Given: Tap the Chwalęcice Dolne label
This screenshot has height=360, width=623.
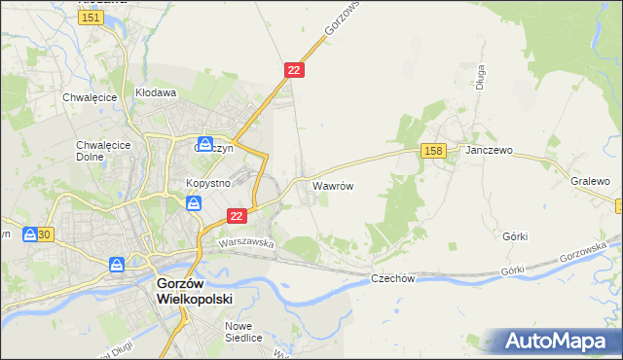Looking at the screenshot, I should (x=95, y=150).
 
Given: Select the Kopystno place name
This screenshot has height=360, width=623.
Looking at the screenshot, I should (x=206, y=183).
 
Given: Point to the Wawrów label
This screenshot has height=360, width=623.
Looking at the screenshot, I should (x=332, y=184).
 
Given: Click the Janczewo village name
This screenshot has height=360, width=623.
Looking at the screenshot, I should (x=489, y=151).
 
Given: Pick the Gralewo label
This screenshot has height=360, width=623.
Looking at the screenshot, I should (x=591, y=181).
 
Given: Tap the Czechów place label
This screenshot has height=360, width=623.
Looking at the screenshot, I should (x=393, y=278).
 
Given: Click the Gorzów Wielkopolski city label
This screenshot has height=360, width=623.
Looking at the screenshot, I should (x=194, y=291).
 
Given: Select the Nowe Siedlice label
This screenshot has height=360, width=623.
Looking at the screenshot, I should (x=243, y=332).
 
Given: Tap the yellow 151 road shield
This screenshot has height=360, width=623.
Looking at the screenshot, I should (x=92, y=18).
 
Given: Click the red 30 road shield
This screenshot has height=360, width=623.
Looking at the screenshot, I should (x=45, y=234).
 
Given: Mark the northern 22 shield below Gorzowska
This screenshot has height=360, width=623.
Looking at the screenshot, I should (x=295, y=70).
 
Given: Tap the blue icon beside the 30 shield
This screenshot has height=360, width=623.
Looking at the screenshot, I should (x=31, y=234).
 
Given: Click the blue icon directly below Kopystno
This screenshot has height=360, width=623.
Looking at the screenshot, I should (x=194, y=202).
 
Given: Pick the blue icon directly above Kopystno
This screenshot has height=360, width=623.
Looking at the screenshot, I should (x=205, y=143).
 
